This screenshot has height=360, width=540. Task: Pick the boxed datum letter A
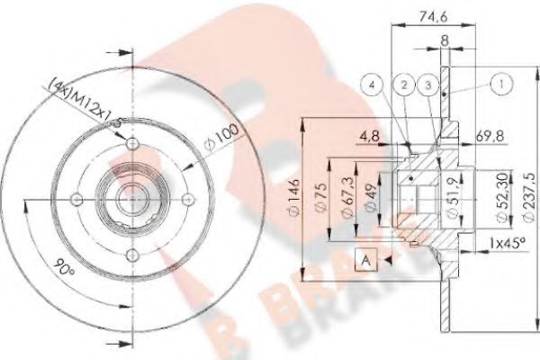[x=366, y=260]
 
